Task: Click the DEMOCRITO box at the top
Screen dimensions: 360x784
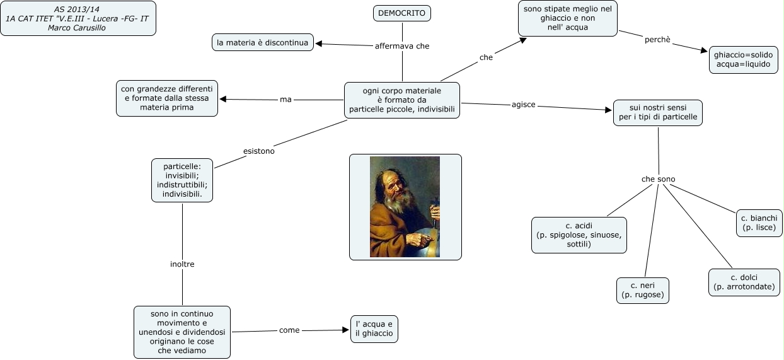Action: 401,13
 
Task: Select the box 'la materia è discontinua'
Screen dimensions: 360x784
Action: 262,42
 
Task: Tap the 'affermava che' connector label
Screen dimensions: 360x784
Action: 401,46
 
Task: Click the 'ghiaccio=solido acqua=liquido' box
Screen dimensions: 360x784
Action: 743,60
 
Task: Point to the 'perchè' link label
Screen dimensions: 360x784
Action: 657,40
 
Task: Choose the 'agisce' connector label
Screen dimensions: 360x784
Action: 523,105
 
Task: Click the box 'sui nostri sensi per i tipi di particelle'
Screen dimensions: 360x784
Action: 657,113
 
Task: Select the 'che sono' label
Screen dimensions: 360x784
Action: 658,179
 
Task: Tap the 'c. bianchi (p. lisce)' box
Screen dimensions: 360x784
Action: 759,223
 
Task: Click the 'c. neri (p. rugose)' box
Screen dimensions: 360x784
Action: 642,290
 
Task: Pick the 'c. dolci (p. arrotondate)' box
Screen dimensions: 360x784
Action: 744,282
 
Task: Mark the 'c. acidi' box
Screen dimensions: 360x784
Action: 579,235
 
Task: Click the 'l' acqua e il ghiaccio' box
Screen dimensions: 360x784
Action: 374,328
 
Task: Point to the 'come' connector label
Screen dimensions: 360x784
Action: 289,330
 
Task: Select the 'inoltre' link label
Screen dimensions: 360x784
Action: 182,264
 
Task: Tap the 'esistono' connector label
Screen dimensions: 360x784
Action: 258,151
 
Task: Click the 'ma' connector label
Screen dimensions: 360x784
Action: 285,100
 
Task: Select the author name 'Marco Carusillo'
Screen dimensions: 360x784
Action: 77,28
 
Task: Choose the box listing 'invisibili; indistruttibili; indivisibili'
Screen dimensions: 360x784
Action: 182,180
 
